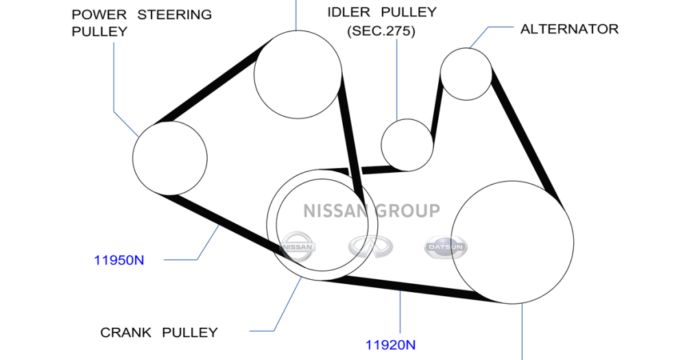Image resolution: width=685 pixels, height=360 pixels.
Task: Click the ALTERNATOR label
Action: (569, 29)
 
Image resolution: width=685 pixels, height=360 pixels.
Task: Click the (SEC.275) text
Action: (381, 32)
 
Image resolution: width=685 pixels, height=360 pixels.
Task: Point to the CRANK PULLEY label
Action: (159, 333)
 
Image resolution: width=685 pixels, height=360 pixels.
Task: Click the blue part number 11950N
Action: (119, 261)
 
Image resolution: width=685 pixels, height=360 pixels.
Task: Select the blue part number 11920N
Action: (390, 345)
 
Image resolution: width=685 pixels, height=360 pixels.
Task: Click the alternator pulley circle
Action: (466, 73)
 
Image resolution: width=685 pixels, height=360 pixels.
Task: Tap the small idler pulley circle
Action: (407, 144)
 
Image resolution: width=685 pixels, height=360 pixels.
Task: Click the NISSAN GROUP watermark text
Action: (372, 211)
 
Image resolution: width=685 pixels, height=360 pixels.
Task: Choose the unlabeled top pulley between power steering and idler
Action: (298, 74)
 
